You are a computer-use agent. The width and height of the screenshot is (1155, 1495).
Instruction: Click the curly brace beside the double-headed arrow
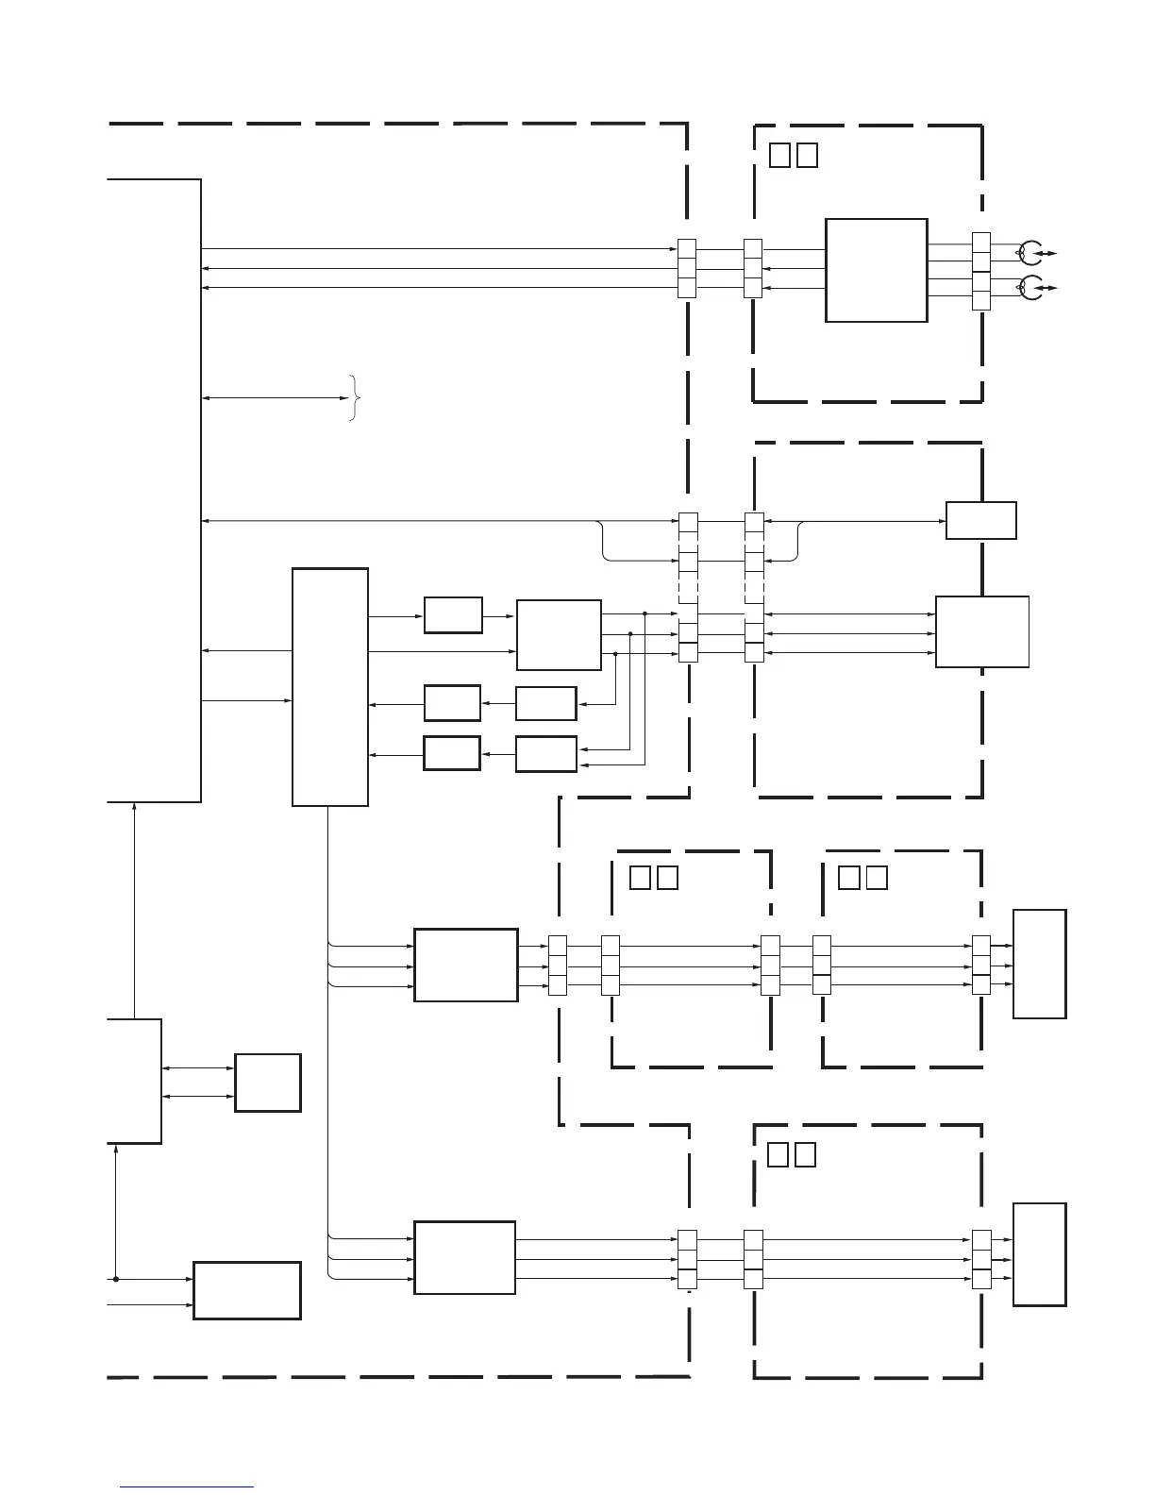pos(354,398)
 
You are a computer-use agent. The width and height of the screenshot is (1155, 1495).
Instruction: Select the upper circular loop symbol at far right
pos(1030,253)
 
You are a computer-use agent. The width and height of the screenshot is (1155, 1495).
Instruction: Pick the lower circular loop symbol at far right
pos(1030,287)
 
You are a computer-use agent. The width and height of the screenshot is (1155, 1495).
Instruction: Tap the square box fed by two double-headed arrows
pos(268,1083)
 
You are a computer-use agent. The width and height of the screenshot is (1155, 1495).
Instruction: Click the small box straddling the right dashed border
pos(981,520)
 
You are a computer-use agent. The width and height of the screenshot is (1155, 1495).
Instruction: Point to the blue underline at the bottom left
pos(187,1487)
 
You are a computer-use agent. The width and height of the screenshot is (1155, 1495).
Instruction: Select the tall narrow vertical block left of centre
pos(329,686)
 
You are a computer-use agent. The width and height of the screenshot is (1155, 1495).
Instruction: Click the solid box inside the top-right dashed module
pos(876,270)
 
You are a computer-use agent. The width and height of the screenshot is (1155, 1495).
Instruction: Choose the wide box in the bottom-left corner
pos(246,1289)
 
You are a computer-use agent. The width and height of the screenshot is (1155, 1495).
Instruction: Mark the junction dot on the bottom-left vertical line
pos(115,1280)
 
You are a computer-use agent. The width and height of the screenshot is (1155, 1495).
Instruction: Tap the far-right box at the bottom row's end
pos(1039,1254)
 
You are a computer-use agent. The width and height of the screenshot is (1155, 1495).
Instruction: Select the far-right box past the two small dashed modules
pos(1039,964)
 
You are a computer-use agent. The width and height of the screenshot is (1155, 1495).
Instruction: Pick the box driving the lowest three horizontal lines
pos(464,1257)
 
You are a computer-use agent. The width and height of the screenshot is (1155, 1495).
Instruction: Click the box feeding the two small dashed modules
pos(465,965)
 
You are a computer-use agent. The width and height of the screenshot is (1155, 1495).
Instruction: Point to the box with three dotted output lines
pos(559,634)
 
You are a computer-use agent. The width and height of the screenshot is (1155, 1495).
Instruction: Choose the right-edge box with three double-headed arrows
pos(981,631)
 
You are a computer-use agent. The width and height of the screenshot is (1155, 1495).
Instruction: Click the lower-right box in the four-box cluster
pos(545,754)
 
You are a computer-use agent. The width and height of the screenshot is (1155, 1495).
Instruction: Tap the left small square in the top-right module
pos(779,155)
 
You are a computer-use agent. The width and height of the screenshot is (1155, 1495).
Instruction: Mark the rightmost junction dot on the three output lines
pos(644,613)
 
